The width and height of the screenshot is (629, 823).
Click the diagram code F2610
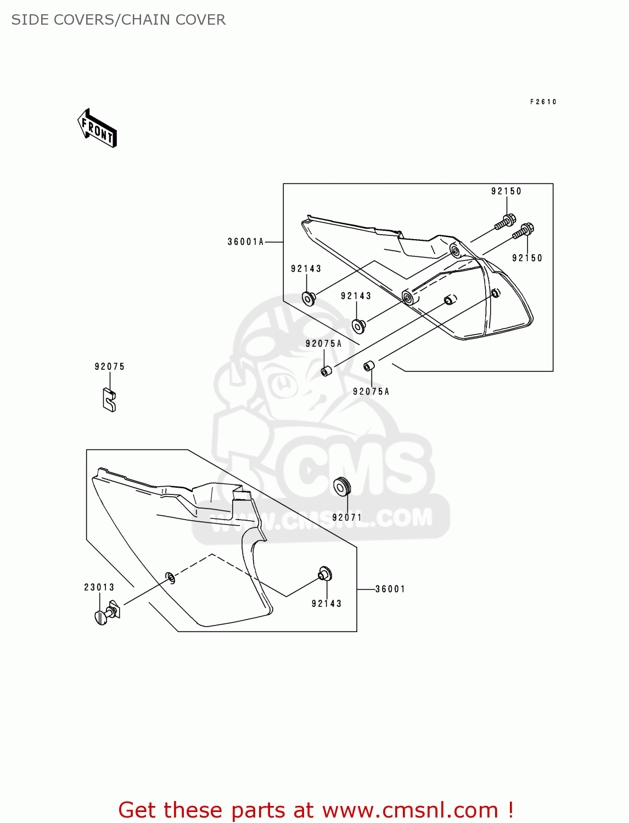click(543, 102)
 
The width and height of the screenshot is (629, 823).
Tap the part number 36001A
click(245, 241)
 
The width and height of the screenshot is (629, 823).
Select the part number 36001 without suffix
click(390, 589)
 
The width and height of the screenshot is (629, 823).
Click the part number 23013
click(99, 587)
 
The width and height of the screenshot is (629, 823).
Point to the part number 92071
click(347, 517)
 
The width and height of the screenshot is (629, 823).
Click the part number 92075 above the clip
click(110, 367)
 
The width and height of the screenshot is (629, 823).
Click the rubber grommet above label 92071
click(342, 487)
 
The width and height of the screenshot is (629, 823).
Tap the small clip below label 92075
click(109, 400)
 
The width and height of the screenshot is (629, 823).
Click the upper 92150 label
click(506, 191)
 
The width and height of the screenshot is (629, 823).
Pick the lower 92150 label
click(527, 258)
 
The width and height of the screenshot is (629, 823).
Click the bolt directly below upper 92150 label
click(505, 222)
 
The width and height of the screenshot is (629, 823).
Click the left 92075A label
click(323, 343)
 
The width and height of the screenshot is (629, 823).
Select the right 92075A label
click(371, 391)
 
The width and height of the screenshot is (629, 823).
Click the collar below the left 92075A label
click(327, 371)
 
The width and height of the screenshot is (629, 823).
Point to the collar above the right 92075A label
click(369, 365)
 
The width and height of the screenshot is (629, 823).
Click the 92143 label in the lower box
click(327, 604)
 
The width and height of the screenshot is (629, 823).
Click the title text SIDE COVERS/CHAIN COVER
click(119, 20)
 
